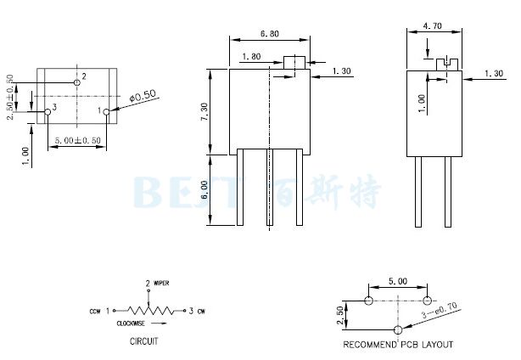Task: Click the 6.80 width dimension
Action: [x=268, y=35]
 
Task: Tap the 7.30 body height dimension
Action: [x=204, y=111]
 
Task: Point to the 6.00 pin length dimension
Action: [x=204, y=190]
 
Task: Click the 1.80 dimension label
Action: [x=251, y=57]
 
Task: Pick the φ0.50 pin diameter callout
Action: [x=143, y=97]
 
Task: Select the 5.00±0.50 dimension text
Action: [x=77, y=139]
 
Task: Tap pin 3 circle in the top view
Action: [x=48, y=110]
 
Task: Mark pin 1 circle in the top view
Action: [x=106, y=110]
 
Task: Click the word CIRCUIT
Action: [x=143, y=344]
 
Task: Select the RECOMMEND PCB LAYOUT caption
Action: [x=398, y=345]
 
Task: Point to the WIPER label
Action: [x=162, y=282]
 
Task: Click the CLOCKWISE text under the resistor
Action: [x=133, y=323]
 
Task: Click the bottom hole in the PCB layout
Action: [x=398, y=329]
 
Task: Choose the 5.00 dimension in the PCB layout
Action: [x=397, y=280]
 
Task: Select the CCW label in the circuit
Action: [x=95, y=312]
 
